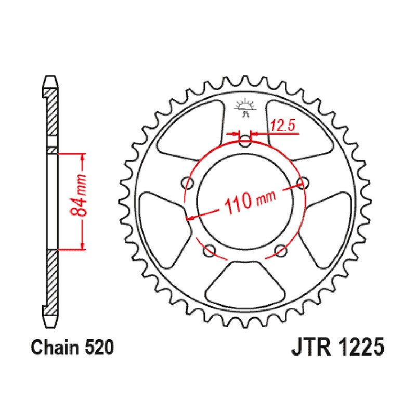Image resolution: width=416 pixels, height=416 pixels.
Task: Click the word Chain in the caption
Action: coord(54,347)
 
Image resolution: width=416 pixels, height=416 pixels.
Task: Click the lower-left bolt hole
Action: coord(210,249)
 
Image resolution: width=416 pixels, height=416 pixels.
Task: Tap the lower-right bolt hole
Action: coord(280,249)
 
